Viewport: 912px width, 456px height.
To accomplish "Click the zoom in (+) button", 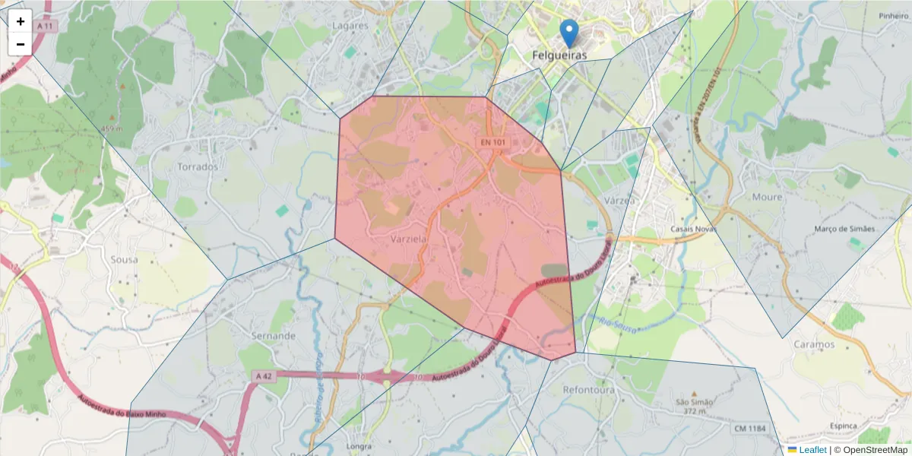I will (21, 21).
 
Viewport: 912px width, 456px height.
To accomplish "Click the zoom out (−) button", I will (21, 44).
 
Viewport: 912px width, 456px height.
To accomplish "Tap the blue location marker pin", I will (568, 33).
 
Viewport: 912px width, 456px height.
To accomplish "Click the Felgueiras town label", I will (559, 56).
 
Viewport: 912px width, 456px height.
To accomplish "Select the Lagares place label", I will (350, 25).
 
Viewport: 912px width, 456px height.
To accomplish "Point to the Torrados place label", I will (197, 166).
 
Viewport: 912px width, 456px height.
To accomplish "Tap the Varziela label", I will (408, 239).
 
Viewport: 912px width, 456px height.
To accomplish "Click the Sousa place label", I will (124, 259).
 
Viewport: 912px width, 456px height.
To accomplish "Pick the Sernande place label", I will (273, 335).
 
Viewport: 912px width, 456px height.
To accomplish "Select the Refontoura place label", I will (588, 390).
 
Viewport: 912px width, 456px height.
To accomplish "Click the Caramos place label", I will (814, 344).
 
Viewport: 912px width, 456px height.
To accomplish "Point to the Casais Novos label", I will (694, 229).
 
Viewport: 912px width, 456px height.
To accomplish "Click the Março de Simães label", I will (844, 229).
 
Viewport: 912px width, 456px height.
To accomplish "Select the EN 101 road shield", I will (492, 142).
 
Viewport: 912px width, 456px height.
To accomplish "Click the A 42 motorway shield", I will (264, 376).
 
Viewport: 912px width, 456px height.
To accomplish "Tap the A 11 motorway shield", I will (46, 26).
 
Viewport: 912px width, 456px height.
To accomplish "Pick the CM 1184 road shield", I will (750, 429).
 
